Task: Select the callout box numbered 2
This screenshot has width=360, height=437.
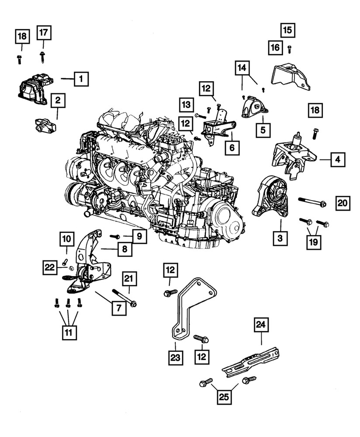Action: coord(58,101)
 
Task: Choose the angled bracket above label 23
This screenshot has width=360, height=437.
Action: coord(190,306)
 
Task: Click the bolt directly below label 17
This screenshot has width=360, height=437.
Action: coord(42,56)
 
